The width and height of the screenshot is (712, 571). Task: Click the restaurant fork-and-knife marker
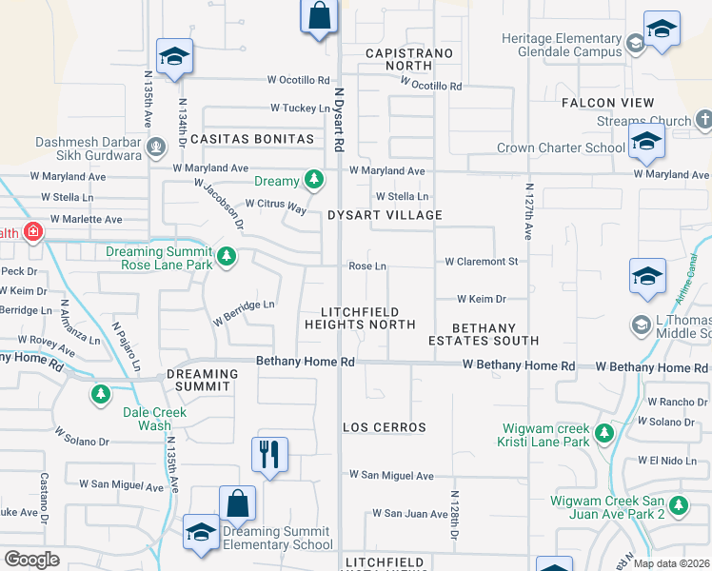click(270, 453)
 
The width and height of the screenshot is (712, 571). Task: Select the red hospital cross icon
click(33, 232)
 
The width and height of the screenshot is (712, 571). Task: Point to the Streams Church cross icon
click(703, 121)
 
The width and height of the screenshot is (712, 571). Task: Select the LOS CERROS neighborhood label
click(385, 427)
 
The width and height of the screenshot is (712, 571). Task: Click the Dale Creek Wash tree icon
click(100, 393)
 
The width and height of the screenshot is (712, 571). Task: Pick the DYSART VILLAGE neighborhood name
click(385, 215)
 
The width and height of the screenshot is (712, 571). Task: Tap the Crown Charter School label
click(561, 148)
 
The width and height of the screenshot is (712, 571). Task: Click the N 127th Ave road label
click(526, 212)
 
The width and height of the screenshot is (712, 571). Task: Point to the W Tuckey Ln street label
click(300, 108)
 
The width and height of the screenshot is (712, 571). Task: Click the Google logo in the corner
click(31, 560)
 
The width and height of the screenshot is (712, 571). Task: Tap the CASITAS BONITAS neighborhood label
click(252, 139)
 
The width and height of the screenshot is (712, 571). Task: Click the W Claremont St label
click(481, 261)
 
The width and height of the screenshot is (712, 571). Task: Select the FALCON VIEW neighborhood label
click(607, 102)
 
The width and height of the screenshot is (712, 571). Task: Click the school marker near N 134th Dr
click(175, 57)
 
